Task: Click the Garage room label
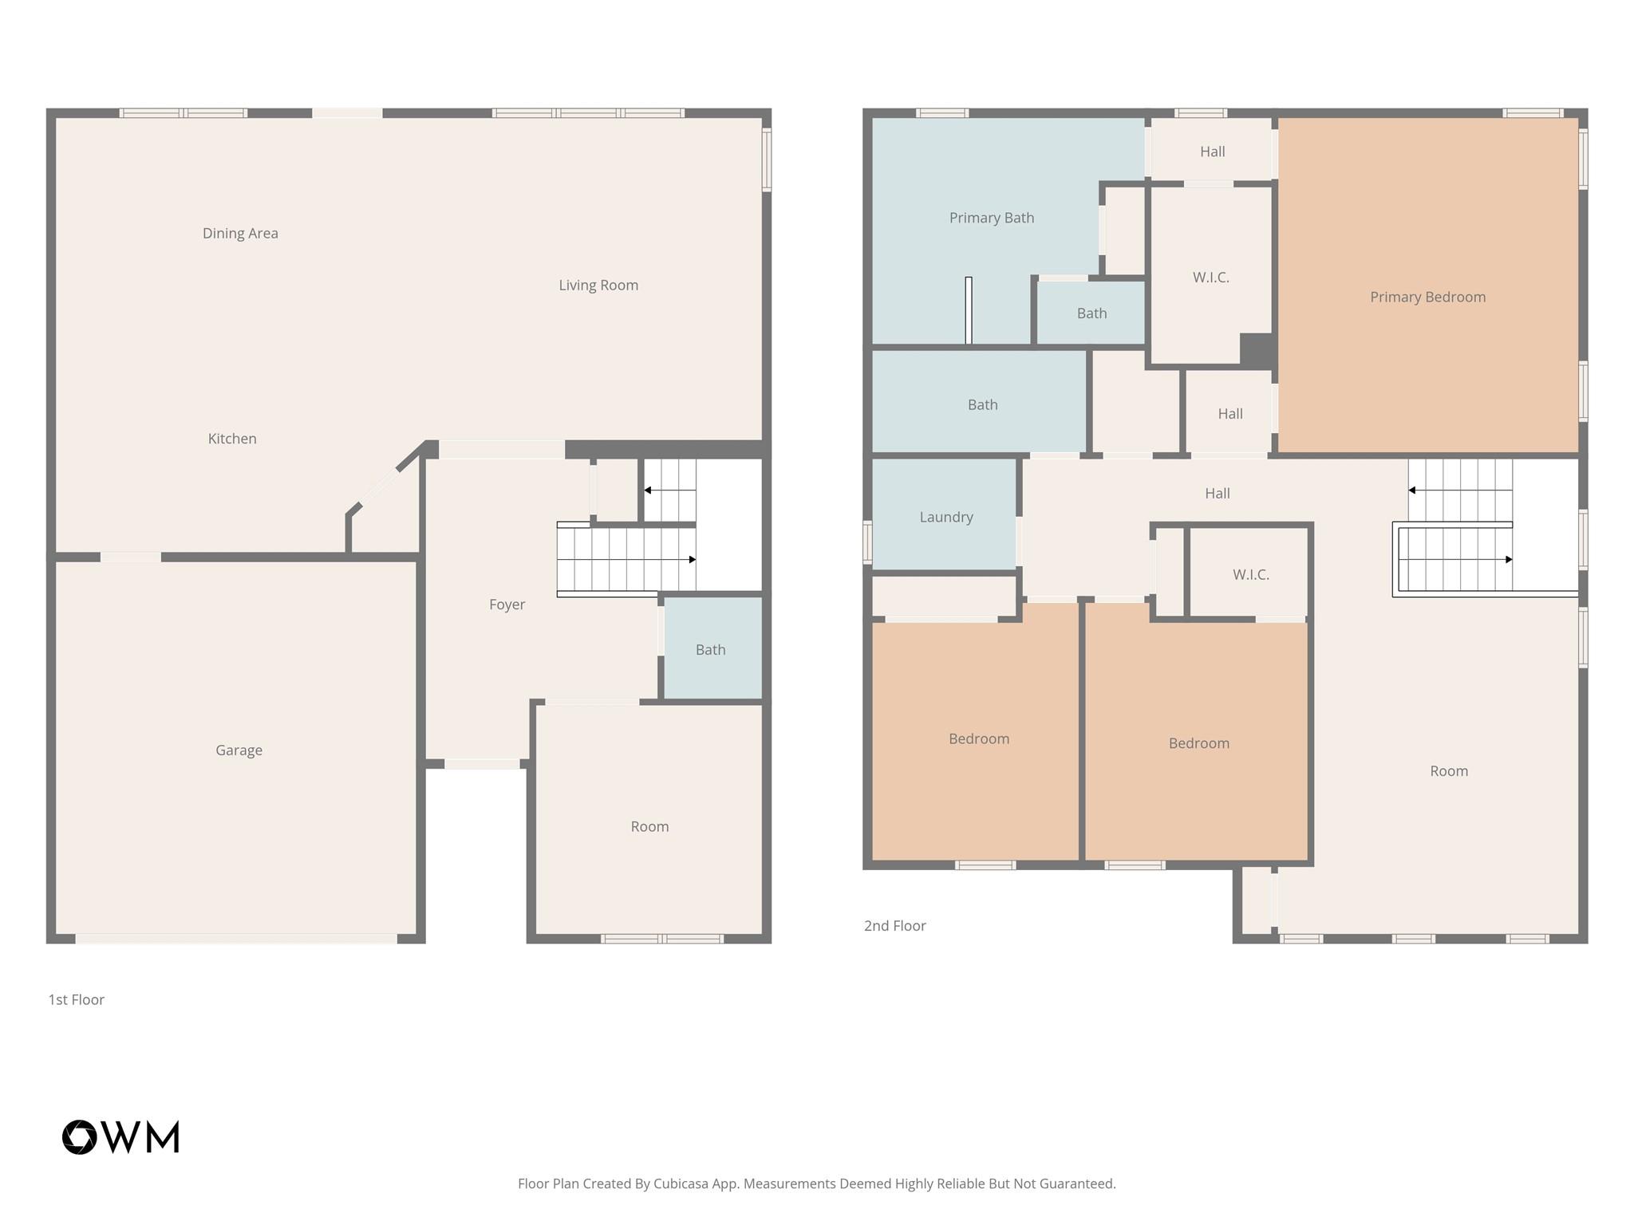tap(239, 750)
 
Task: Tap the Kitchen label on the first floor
tap(232, 439)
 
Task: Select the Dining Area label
tap(240, 233)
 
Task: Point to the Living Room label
tap(598, 285)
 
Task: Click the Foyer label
tap(507, 605)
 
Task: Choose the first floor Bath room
tap(710, 649)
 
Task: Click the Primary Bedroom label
tap(1427, 297)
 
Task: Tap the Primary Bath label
tap(991, 218)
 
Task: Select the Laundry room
tap(945, 517)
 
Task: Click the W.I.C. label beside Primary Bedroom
tap(1210, 278)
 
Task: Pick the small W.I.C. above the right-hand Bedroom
tap(1250, 574)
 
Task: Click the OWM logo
tap(120, 1137)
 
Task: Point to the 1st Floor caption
tap(77, 999)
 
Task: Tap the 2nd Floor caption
tap(894, 925)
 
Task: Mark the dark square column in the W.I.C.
tap(1256, 349)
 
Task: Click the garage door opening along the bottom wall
tap(236, 939)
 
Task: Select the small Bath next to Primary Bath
tap(1091, 313)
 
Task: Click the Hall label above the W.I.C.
tap(1212, 152)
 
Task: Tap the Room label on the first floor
tap(649, 826)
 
